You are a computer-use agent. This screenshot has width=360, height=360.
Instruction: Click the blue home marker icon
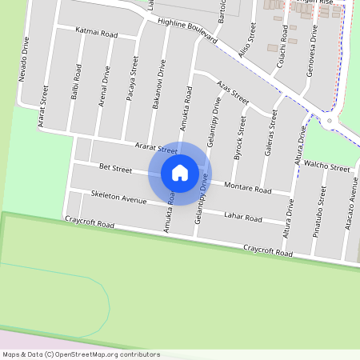tap(180, 172)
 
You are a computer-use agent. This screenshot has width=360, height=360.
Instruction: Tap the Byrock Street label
tap(239, 138)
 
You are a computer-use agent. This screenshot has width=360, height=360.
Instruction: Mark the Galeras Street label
tap(269, 128)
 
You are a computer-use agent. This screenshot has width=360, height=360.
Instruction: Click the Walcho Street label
tap(328, 169)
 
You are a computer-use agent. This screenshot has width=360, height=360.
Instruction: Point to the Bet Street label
tap(115, 169)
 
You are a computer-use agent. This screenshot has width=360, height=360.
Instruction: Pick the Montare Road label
tap(248, 188)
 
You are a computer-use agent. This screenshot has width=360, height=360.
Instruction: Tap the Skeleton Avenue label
tap(118, 197)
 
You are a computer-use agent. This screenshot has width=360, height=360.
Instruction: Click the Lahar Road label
tap(243, 217)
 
